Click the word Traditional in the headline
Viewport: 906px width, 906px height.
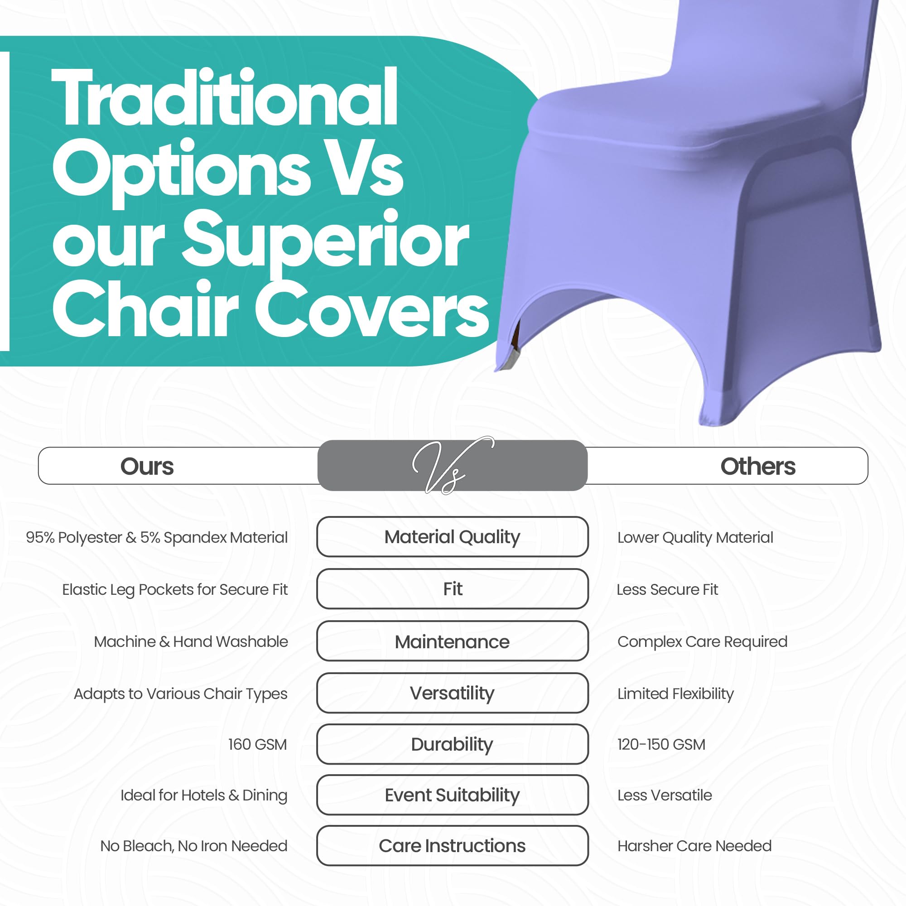click(x=225, y=97)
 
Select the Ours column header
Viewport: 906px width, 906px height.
click(x=147, y=467)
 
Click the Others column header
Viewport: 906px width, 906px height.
click(x=758, y=467)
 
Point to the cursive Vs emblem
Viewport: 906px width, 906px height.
click(x=452, y=465)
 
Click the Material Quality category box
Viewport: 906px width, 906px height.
click(x=453, y=537)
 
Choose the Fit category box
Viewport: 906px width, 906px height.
click(x=453, y=589)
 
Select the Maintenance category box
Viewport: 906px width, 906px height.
click(x=453, y=641)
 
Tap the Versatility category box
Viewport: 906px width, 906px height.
click(x=453, y=693)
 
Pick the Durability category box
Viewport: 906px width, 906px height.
click(x=453, y=744)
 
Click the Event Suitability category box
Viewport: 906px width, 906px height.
click(x=453, y=795)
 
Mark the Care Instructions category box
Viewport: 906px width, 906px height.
click(x=453, y=845)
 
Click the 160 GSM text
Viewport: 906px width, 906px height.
click(x=257, y=744)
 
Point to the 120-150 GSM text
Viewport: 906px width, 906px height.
click(x=661, y=744)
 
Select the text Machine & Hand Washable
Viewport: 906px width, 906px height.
click(x=191, y=641)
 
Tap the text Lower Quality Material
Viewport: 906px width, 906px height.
click(x=695, y=538)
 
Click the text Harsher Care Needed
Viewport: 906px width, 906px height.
click(x=694, y=846)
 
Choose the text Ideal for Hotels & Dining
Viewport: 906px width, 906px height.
click(x=204, y=796)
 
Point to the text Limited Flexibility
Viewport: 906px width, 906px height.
click(x=675, y=694)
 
